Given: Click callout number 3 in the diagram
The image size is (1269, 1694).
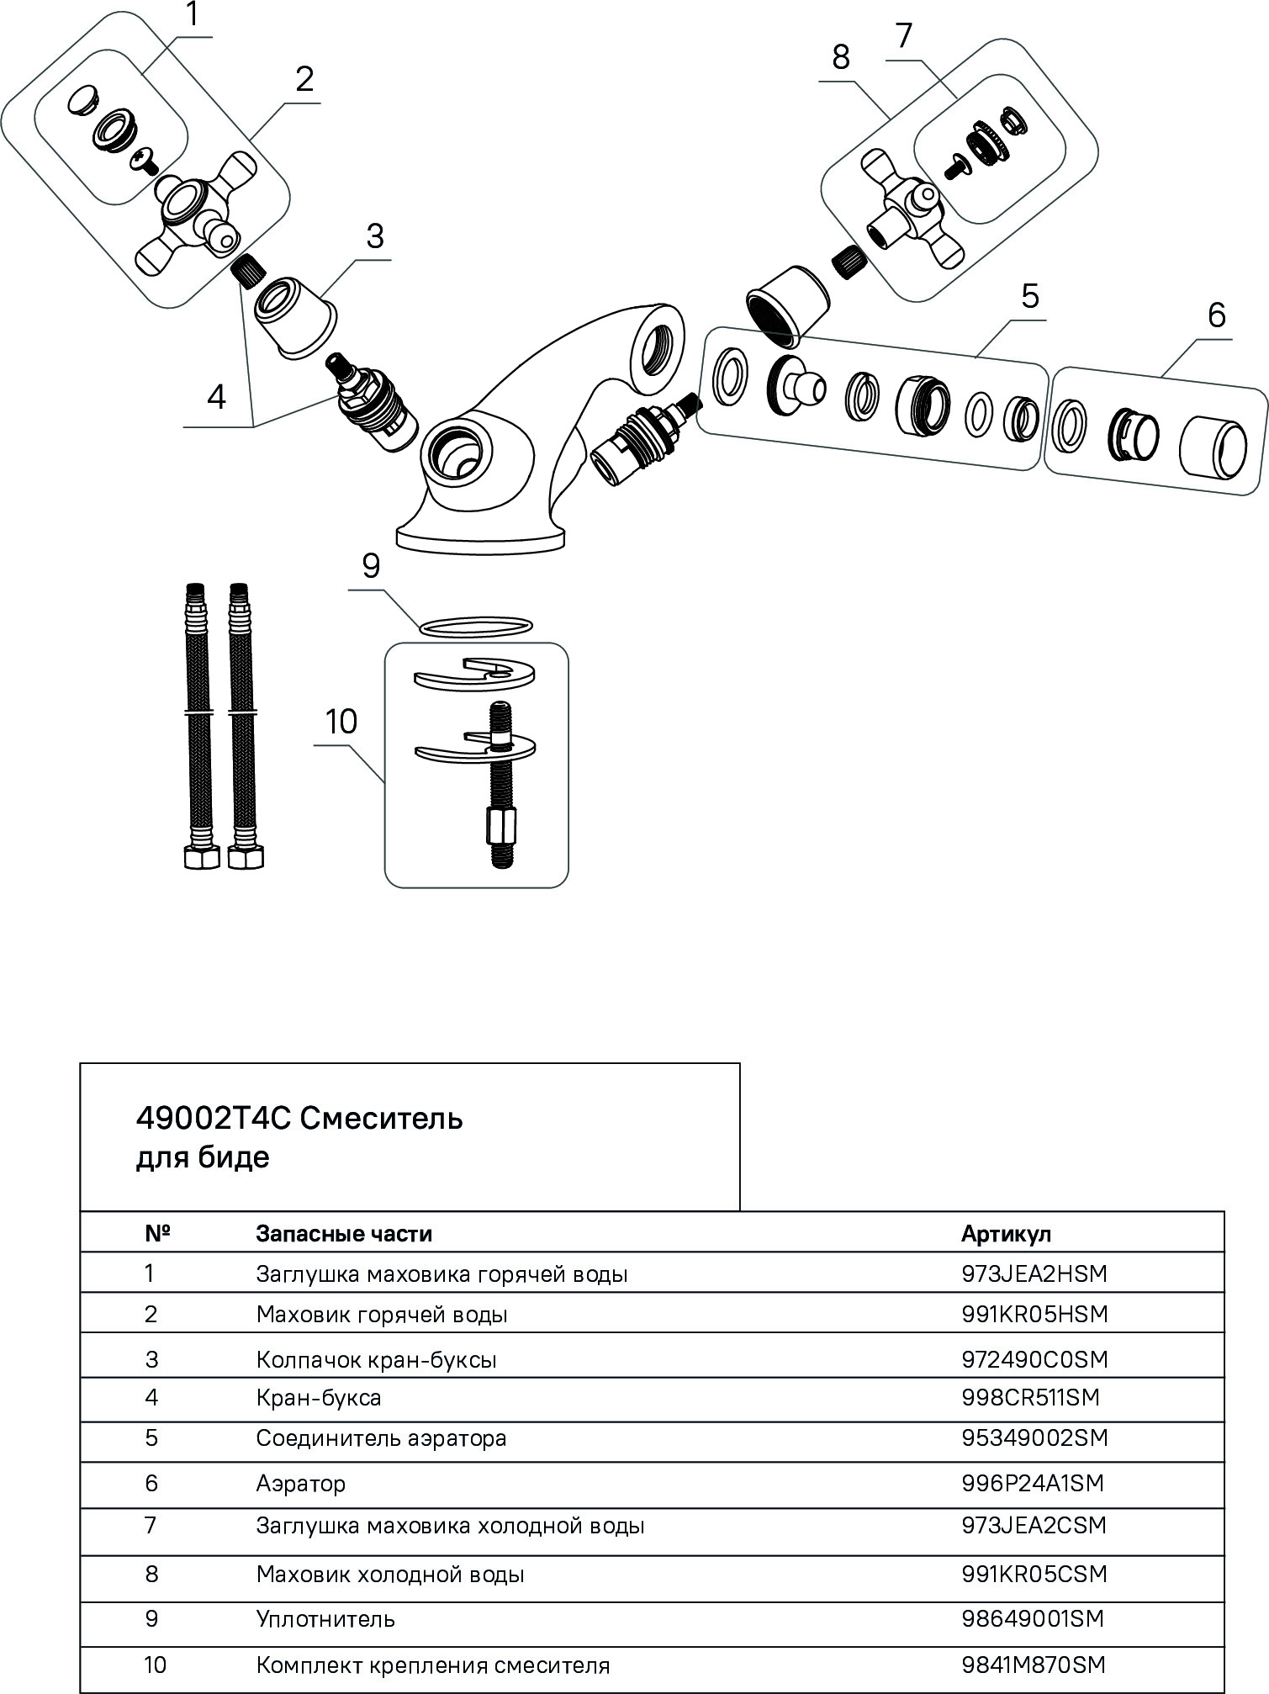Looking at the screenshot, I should pyautogui.click(x=374, y=236).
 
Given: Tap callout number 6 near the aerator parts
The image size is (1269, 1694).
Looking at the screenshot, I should pyautogui.click(x=1216, y=315).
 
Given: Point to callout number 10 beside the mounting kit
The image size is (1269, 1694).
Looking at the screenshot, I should pyautogui.click(x=341, y=722).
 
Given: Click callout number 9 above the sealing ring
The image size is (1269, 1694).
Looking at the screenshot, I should pyautogui.click(x=371, y=566).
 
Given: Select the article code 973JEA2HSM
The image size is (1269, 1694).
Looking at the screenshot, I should pyautogui.click(x=1034, y=1273).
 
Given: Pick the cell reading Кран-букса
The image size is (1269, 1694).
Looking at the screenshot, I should pyautogui.click(x=319, y=1398).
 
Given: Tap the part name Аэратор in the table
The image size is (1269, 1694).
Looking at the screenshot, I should pyautogui.click(x=301, y=1483).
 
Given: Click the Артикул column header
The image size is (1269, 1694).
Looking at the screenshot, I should pyautogui.click(x=1006, y=1234).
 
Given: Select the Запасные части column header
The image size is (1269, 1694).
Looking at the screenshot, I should pyautogui.click(x=344, y=1234).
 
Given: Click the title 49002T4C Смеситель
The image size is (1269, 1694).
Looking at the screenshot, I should pyautogui.click(x=299, y=1119).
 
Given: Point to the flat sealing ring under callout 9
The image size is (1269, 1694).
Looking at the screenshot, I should pyautogui.click(x=476, y=627).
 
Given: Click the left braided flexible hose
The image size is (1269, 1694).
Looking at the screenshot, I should pyautogui.click(x=195, y=723).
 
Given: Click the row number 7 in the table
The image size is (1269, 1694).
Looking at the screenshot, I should pyautogui.click(x=151, y=1525).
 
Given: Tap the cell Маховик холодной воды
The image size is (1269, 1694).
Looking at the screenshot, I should pyautogui.click(x=390, y=1574).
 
